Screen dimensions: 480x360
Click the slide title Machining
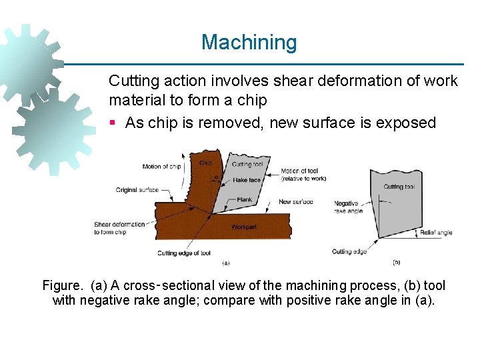pos(249,43)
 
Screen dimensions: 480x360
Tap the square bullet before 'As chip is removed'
pos(113,123)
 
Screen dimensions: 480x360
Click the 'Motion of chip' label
pos(162,166)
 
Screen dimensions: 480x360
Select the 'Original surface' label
pos(137,190)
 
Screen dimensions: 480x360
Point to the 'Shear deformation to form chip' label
pos(119,228)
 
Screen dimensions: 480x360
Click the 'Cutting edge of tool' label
pos(184,253)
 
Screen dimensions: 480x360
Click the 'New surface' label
pos(295,201)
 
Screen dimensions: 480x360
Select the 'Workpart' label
pos(244,227)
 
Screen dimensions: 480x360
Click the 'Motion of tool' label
pos(303,175)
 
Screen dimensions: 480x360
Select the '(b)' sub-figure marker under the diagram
pos(397,262)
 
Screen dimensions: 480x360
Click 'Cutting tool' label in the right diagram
pos(399,187)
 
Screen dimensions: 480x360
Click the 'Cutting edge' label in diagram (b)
pos(349,251)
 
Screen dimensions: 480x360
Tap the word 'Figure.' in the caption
pos(63,286)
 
